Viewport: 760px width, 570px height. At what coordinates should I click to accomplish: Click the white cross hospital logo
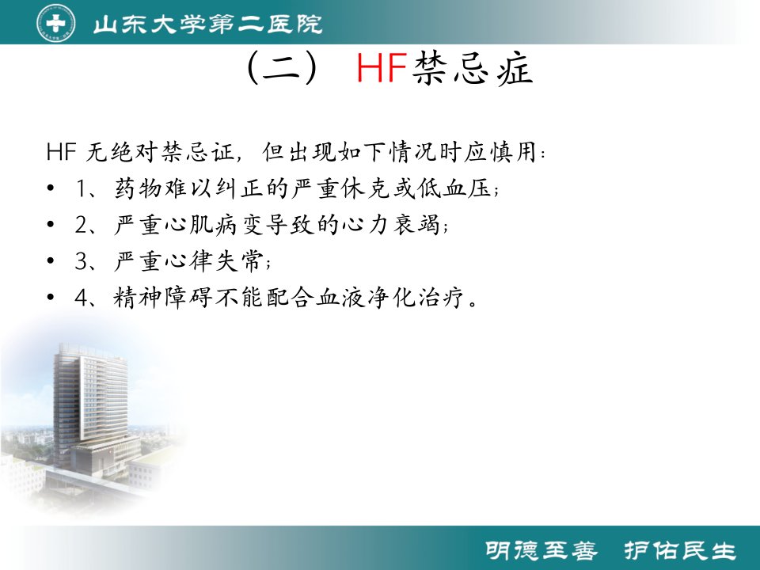(55, 22)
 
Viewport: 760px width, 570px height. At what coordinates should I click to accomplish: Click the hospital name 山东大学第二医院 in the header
(207, 24)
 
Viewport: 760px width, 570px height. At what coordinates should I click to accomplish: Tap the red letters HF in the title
(382, 68)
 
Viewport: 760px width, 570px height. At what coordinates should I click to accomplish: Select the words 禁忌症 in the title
(473, 68)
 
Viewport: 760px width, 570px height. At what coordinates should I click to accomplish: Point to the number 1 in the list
(82, 188)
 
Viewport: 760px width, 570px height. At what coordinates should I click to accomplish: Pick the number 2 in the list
(82, 225)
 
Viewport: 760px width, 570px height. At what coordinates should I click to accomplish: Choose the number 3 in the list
(82, 261)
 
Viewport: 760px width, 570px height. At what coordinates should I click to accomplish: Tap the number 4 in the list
(82, 298)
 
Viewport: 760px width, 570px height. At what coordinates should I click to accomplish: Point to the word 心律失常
(215, 260)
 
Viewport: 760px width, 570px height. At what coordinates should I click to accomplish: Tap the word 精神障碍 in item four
(163, 297)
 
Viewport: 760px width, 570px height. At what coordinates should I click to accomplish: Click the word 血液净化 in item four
(366, 297)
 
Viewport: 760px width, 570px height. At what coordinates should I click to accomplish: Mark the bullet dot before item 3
(51, 261)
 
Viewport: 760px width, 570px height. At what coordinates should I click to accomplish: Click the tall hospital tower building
(90, 407)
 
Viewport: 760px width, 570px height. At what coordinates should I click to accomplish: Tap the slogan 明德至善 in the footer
(541, 551)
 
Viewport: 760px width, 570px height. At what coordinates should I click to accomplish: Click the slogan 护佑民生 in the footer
(679, 551)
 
